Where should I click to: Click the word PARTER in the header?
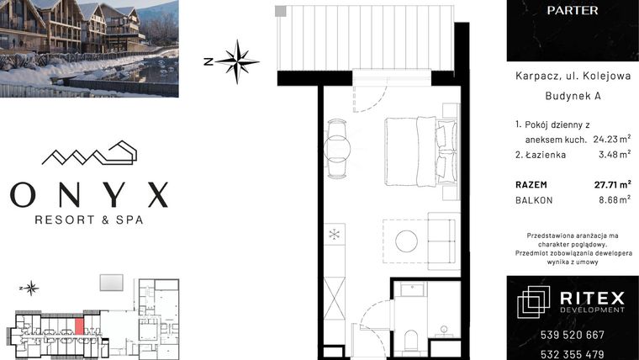point(572,11)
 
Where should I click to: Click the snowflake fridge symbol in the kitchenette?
point(335,233)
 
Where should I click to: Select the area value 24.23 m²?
point(612,139)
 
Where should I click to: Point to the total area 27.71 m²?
point(611,183)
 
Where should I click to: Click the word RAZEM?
point(531,183)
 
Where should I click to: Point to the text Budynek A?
point(572,97)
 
